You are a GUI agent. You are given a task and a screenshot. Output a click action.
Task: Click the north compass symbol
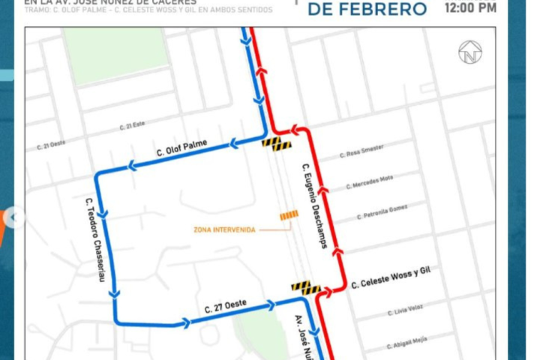pyautogui.click(x=470, y=52)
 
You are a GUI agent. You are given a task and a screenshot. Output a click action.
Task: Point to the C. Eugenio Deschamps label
pyautogui.click(x=314, y=205)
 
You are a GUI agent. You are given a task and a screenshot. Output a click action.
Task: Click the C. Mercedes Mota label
pyautogui.click(x=370, y=182)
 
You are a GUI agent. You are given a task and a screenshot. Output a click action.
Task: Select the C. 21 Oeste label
pyautogui.click(x=55, y=143)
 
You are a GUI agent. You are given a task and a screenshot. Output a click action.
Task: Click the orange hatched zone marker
pyautogui.click(x=289, y=216)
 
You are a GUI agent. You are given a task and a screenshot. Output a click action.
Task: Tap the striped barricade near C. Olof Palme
pyautogui.click(x=276, y=142)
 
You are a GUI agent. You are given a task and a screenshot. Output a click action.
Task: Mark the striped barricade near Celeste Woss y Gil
pyautogui.click(x=306, y=286)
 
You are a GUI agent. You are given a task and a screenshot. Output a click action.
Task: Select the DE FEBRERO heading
pyautogui.click(x=368, y=9)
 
